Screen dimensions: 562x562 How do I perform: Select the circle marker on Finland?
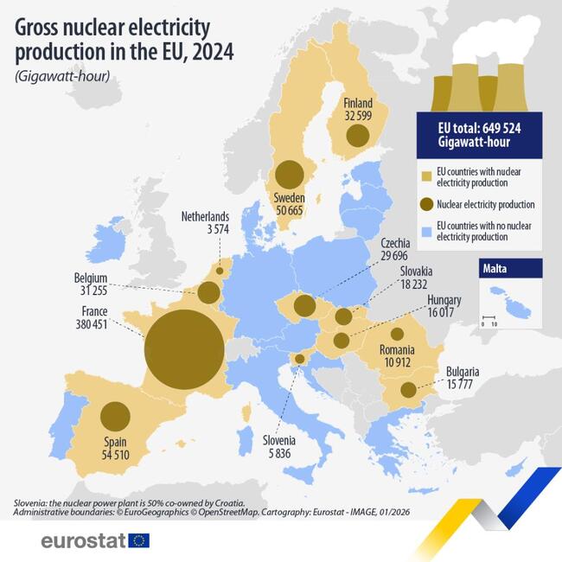(356, 135)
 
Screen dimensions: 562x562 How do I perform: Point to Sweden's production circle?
(289, 174)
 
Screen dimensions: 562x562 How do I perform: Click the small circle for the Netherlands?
(219, 271)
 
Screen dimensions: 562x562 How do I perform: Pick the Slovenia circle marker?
(299, 359)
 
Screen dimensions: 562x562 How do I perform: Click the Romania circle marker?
(397, 334)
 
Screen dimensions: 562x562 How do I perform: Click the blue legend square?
(425, 231)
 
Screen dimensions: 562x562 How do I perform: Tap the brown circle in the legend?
(425, 205)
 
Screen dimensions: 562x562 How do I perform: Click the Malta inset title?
(496, 269)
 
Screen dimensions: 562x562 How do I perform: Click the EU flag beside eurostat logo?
(138, 540)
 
